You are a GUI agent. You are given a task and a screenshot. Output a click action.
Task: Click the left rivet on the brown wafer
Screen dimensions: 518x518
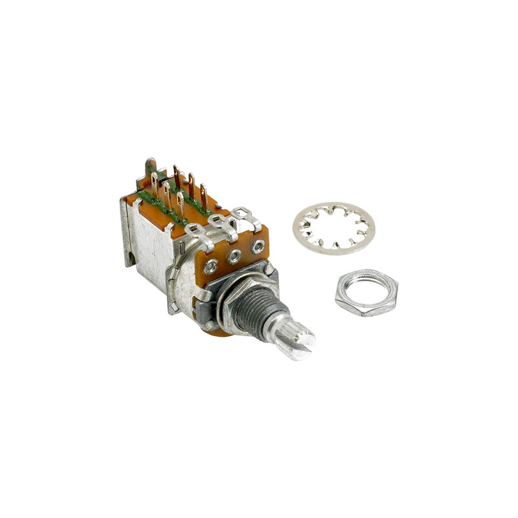click(x=211, y=265)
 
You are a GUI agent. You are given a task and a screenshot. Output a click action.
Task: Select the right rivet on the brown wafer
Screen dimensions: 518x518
click(x=258, y=246)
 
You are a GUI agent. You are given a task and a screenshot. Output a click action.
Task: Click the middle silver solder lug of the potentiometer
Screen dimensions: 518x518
click(x=220, y=223)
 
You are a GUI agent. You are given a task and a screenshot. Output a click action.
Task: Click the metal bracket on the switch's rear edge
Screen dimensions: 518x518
click(x=127, y=233)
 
